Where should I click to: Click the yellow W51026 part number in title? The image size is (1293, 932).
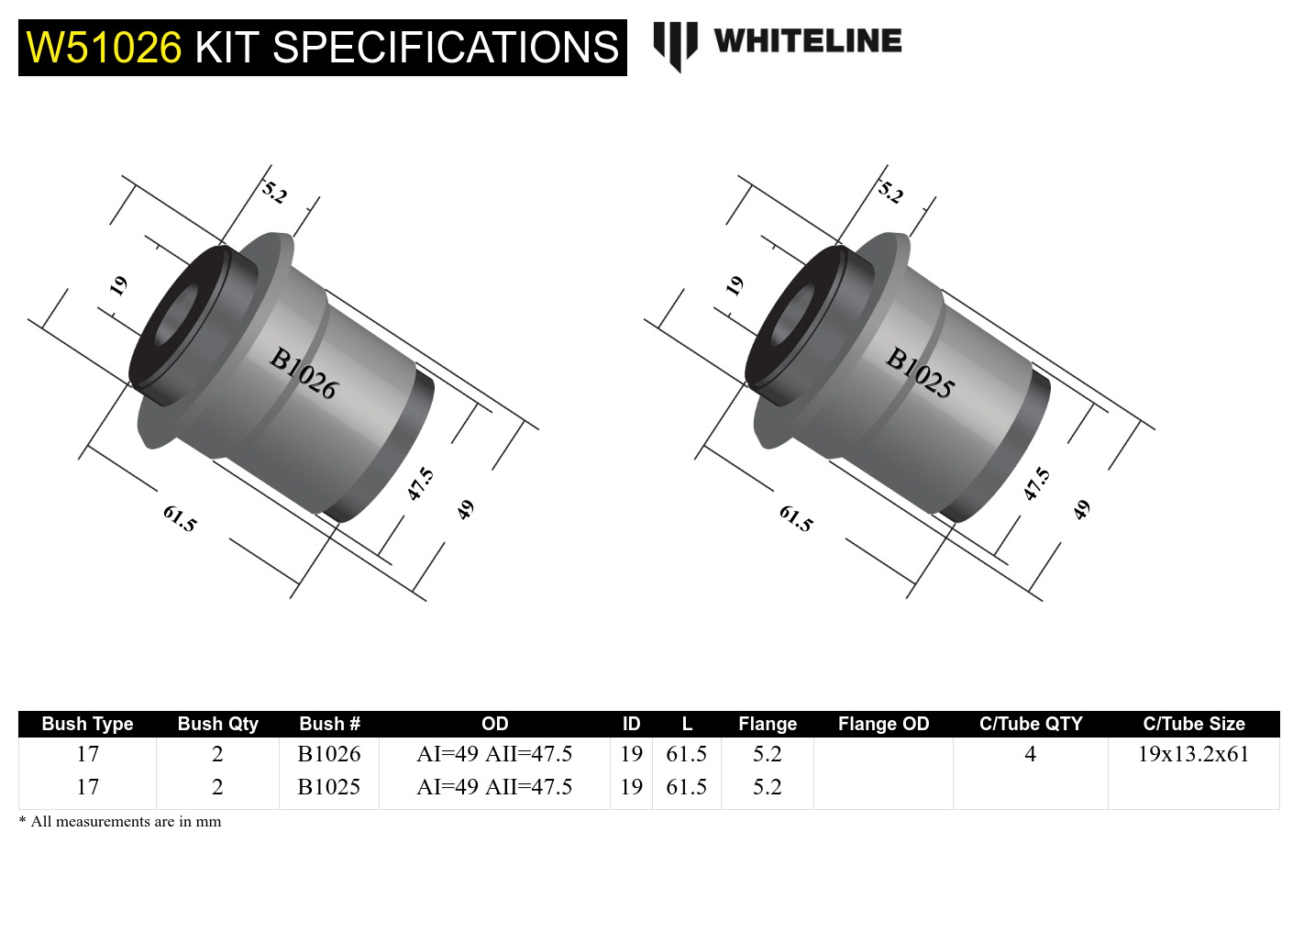click(104, 48)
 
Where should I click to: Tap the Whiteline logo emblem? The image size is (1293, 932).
click(675, 44)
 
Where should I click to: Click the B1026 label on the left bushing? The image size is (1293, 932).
click(303, 373)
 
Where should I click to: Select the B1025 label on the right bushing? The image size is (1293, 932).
click(920, 373)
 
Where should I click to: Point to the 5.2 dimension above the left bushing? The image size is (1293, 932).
click(274, 193)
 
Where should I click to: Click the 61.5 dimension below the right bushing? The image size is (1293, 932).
click(795, 518)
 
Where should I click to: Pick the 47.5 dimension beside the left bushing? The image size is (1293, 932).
click(420, 483)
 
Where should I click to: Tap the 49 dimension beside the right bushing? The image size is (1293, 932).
click(1082, 509)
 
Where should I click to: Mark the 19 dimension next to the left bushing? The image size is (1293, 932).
click(118, 286)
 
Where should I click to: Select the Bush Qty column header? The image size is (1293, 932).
click(217, 724)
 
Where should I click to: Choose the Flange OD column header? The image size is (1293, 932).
click(883, 724)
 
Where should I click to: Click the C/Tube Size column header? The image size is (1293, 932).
click(1193, 724)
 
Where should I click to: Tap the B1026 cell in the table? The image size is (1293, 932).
click(329, 754)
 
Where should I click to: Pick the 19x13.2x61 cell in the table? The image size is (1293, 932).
click(1193, 754)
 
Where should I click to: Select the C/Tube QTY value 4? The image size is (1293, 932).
click(1030, 754)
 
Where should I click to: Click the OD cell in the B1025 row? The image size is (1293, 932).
click(494, 787)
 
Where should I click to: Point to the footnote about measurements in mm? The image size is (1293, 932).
click(120, 822)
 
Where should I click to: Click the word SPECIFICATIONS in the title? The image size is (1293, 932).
click(446, 48)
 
